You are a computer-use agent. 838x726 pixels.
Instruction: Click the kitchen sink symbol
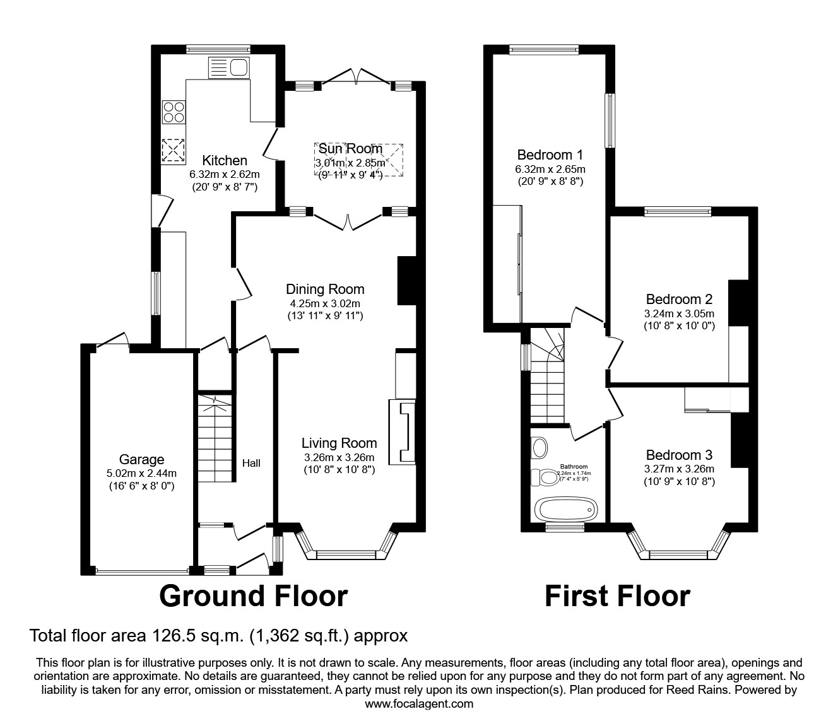(230, 67)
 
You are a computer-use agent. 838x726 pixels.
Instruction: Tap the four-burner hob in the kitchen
(174, 112)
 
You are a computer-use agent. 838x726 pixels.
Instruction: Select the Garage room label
(141, 460)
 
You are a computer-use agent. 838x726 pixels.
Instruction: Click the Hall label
(251, 463)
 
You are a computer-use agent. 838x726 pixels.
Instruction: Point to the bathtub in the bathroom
(565, 507)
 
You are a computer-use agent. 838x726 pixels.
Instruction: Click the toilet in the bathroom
(545, 477)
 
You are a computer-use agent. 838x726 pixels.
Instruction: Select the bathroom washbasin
(540, 448)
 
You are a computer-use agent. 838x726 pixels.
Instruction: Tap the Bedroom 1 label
(550, 155)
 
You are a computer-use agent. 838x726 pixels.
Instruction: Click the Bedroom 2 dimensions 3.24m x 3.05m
(679, 313)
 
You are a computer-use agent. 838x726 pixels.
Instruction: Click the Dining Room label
(325, 290)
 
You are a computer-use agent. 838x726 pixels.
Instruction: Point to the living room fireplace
(403, 433)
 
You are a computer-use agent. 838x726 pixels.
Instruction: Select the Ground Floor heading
(253, 596)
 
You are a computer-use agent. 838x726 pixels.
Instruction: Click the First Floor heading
(617, 596)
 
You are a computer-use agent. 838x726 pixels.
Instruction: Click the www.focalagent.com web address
(419, 703)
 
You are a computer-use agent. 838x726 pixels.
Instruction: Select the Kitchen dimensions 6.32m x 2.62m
(225, 174)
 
